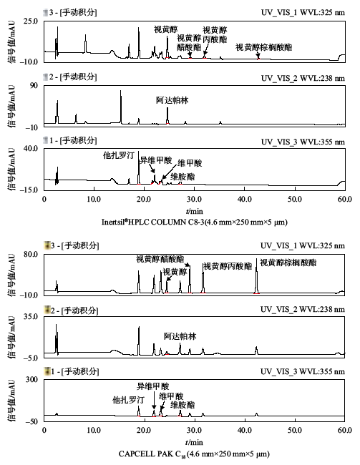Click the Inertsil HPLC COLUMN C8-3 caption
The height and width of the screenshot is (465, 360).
coord(195,222)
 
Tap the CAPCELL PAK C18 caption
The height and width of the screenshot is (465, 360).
coord(194,454)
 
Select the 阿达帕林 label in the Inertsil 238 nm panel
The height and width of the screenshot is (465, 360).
coord(172,100)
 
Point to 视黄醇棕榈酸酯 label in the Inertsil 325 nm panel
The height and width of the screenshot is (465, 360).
coord(263,47)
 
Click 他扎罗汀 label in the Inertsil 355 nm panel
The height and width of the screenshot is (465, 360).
coord(119,155)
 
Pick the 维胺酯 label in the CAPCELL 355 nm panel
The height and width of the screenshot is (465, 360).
coord(183,405)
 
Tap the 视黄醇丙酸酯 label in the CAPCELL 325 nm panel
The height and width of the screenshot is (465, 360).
coord(228,266)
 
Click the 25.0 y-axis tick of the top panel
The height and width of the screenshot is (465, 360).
coord(31,21)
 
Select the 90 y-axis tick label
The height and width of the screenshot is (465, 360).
coord(34,86)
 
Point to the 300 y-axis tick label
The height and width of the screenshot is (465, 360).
coord(32,380)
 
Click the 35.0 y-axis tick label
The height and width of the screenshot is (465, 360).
coord(31,317)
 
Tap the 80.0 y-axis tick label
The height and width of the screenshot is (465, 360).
coord(31,255)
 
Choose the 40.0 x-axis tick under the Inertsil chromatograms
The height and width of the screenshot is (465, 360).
coord(245,199)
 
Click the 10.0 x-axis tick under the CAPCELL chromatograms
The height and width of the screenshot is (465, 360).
coord(94,430)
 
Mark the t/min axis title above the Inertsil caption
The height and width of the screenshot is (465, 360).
coord(195,211)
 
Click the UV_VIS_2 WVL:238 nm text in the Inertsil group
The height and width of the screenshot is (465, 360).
coord(303,78)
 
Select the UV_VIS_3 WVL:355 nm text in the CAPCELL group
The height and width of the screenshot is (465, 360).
coord(303,372)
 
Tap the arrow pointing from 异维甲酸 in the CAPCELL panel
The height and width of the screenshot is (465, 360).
coord(154,400)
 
